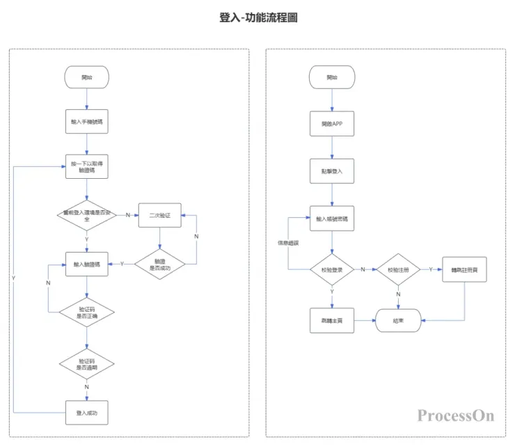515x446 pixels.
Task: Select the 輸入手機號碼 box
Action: pos(87,120)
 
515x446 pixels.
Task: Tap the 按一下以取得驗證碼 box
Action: pos(87,167)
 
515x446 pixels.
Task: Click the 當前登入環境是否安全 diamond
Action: pos(87,215)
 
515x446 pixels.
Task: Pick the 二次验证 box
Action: pos(160,215)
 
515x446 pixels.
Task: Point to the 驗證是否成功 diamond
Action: pos(160,264)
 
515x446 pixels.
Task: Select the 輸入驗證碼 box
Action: pos(87,264)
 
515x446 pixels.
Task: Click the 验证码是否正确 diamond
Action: pos(87,312)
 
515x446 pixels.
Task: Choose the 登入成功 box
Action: pos(87,413)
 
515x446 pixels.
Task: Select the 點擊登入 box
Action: pos(332,170)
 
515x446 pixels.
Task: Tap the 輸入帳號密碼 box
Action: pos(332,218)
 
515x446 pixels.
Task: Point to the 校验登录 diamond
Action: pos(332,269)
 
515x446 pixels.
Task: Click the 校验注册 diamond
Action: pos(399,269)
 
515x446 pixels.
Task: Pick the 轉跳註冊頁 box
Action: pos(464,269)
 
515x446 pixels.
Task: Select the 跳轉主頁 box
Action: pos(332,321)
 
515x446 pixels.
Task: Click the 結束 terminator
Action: pos(399,321)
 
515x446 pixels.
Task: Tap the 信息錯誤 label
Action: pos(287,243)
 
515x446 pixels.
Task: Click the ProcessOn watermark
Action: pos(456,416)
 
